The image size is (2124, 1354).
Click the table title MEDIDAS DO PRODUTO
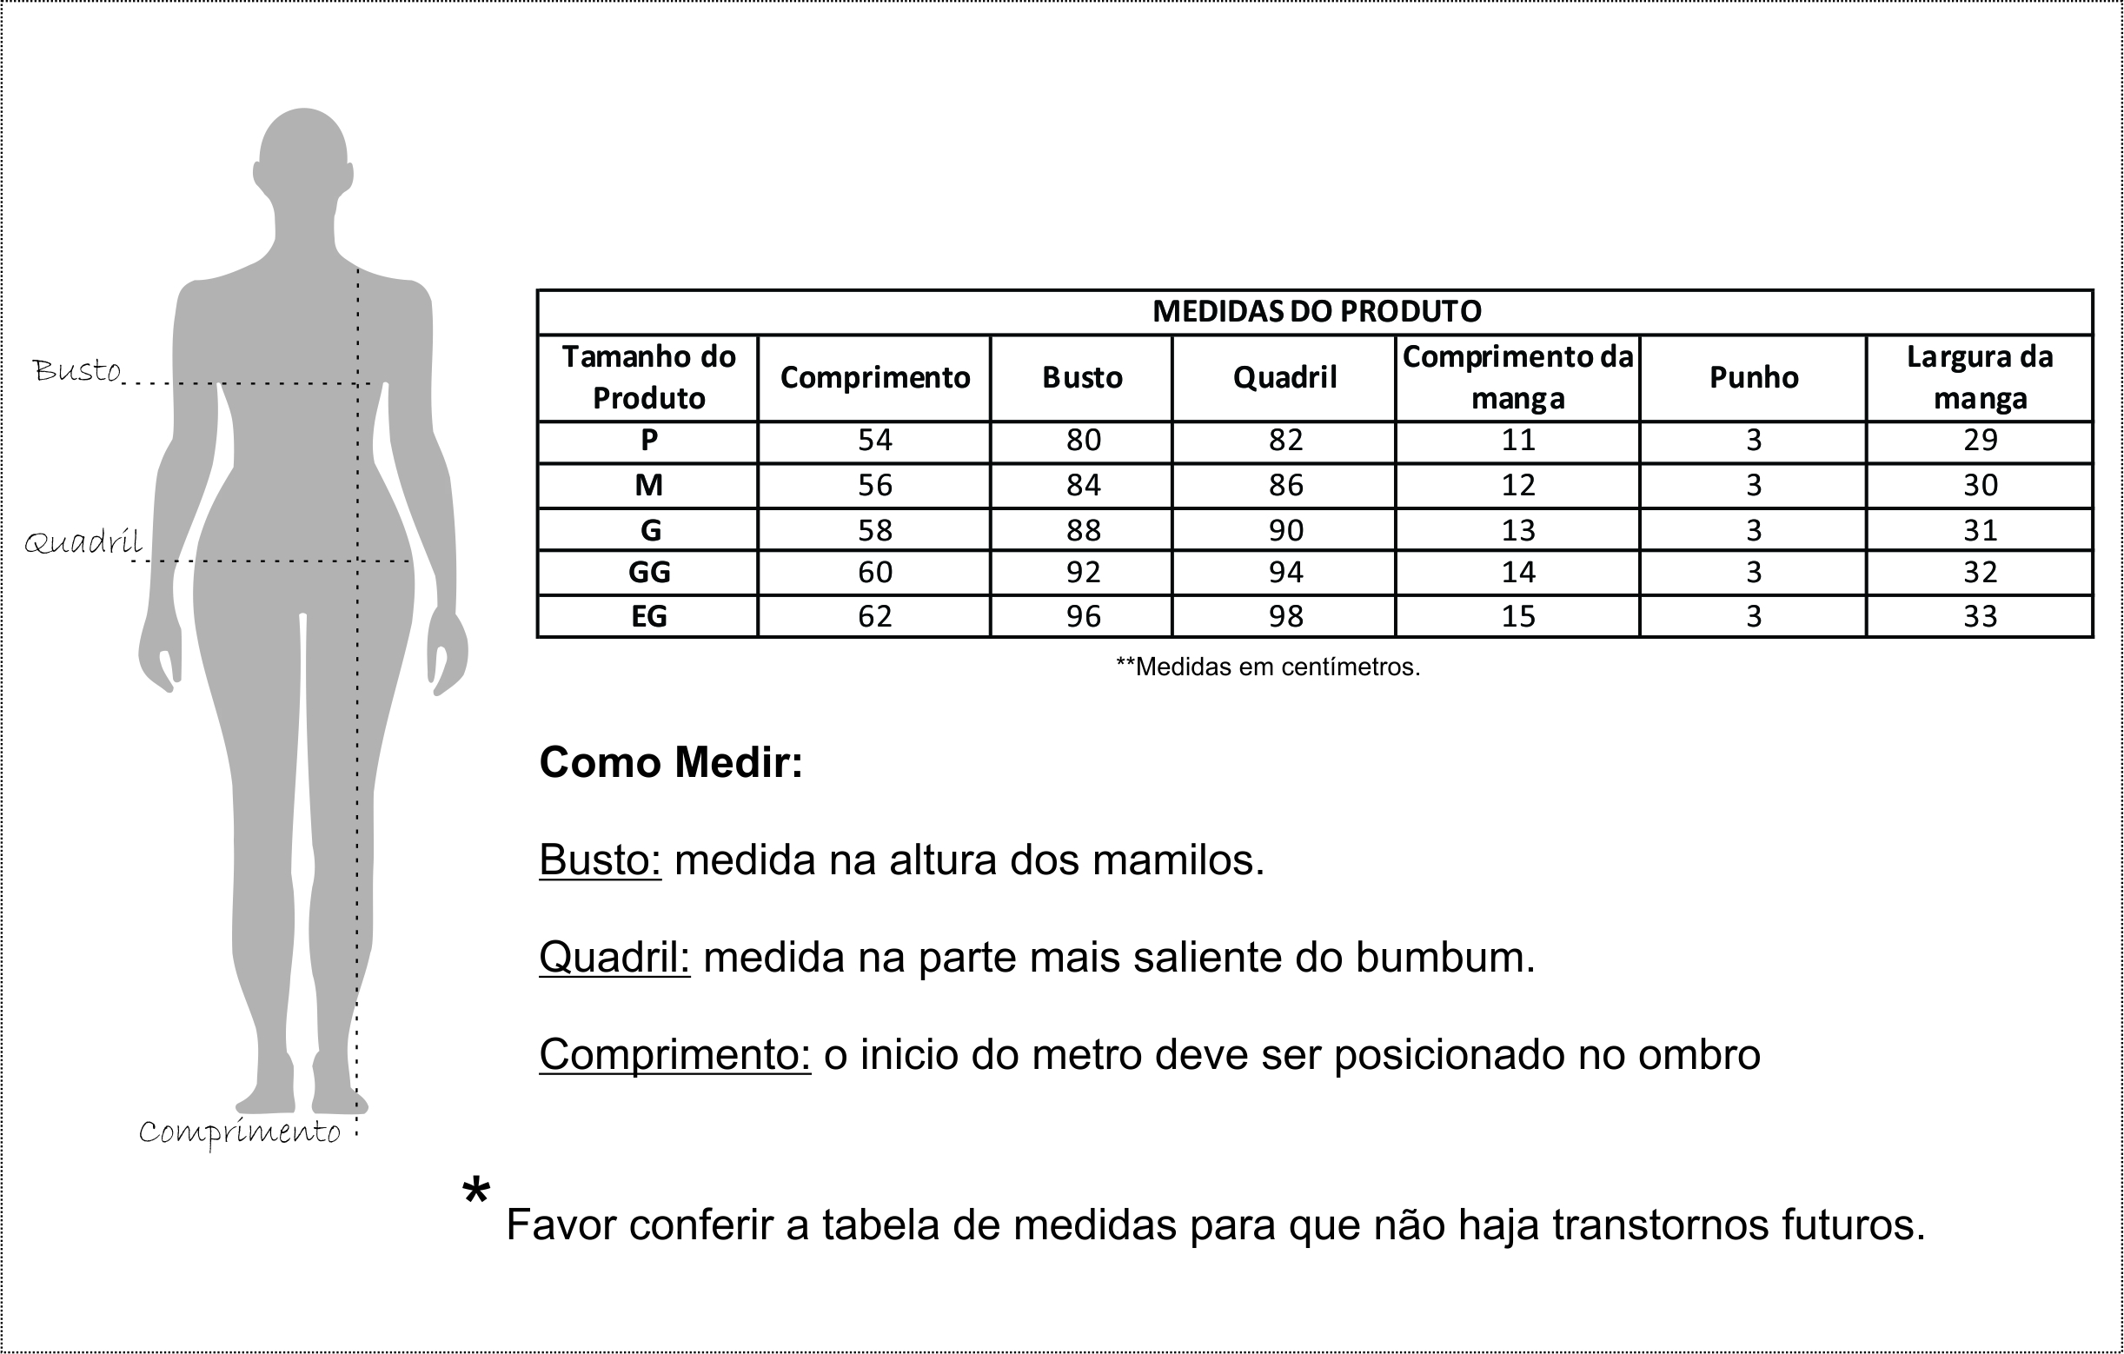(1316, 311)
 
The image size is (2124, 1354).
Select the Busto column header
(1082, 377)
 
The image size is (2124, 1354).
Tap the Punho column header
(1754, 377)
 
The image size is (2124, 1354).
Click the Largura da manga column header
(1980, 377)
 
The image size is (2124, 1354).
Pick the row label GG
(649, 573)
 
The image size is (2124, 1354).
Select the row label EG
(649, 615)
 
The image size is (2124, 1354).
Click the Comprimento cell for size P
(875, 440)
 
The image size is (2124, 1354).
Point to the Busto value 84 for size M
(1083, 485)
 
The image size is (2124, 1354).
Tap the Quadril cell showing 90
(1285, 530)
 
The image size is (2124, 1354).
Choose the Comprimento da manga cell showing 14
(1518, 573)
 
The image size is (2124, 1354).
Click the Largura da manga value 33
(1981, 615)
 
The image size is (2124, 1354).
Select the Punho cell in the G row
(1754, 530)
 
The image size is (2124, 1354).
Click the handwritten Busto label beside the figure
(76, 370)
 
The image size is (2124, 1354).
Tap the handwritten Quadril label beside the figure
(83, 541)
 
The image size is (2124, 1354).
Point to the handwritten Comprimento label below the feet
(240, 1132)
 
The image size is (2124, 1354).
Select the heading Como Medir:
(671, 763)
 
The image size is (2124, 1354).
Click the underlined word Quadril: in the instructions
(614, 957)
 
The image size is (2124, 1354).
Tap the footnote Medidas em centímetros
(1268, 667)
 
